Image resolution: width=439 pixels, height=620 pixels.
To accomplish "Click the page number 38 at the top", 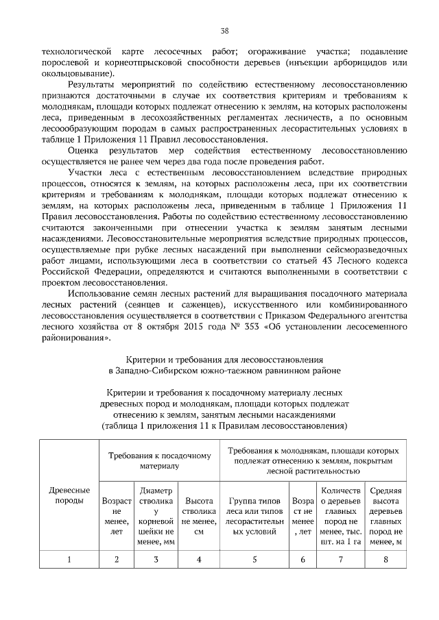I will tap(224, 31).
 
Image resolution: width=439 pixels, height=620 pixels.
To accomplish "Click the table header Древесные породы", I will tap(69, 495).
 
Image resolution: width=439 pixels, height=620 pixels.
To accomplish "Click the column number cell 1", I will tap(69, 559).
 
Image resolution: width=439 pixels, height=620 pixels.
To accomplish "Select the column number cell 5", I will tap(254, 559).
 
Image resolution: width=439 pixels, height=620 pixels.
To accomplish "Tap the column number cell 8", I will tap(385, 559).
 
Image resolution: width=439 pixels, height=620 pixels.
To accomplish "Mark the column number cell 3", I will tap(156, 559).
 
